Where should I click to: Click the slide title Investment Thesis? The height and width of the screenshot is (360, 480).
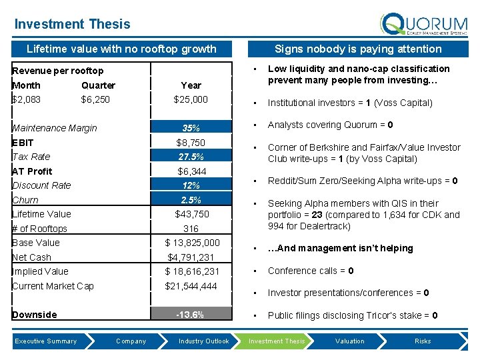[x=72, y=24]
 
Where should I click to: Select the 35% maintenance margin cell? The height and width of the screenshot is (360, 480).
[x=191, y=128]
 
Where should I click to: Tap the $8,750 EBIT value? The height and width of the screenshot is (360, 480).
[x=191, y=143]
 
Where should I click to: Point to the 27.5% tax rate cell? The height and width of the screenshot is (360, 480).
[x=191, y=157]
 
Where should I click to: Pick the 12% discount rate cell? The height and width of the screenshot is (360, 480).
[x=191, y=185]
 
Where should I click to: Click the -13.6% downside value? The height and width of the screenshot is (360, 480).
[x=191, y=315]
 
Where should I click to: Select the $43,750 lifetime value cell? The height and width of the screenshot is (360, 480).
[x=191, y=214]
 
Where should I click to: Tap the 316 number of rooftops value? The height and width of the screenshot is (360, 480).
[x=191, y=229]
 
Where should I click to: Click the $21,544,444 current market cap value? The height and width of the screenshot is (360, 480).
[x=191, y=286]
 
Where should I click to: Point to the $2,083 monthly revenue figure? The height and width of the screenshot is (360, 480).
[x=26, y=99]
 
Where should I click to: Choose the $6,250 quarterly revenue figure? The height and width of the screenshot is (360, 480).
[x=95, y=99]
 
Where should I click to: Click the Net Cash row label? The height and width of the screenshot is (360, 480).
[x=31, y=257]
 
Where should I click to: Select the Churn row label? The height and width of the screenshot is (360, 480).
[x=25, y=200]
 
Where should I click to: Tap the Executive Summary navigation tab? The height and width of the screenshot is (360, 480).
[x=46, y=341]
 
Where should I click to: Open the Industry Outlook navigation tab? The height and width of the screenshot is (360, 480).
[x=203, y=341]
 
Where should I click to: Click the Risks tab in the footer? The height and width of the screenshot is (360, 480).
[x=423, y=341]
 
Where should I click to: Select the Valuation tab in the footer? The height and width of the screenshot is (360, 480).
[x=350, y=341]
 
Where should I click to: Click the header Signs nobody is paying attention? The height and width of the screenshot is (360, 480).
[x=358, y=49]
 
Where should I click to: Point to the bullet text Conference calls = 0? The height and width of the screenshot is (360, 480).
[x=311, y=271]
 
